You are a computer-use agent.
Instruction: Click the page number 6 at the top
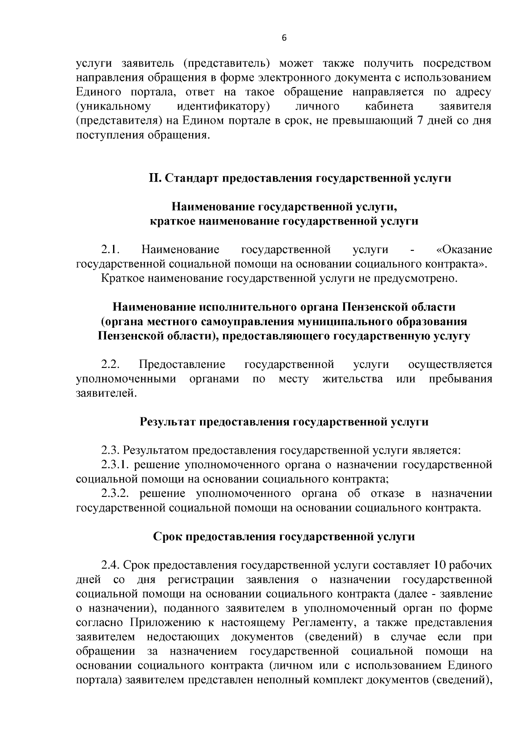[x=284, y=38]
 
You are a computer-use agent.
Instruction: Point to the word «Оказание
[x=464, y=250]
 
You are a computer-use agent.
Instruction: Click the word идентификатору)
[x=223, y=106]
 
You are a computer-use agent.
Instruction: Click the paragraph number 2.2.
[x=111, y=365]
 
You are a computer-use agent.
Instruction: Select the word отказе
[x=386, y=493]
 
